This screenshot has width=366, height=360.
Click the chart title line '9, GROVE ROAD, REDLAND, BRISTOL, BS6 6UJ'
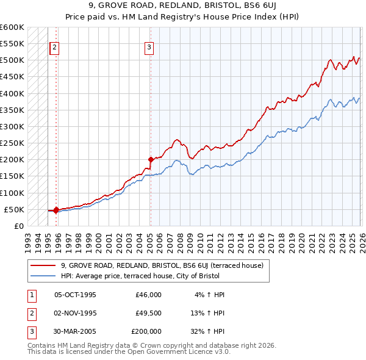pyautogui.click(x=182, y=6)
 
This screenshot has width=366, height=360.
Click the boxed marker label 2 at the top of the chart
pyautogui.click(x=55, y=48)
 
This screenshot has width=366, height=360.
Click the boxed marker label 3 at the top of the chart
pyautogui.click(x=149, y=48)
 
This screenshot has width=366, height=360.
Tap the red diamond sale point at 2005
pyautogui.click(x=150, y=160)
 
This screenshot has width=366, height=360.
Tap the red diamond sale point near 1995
pyautogui.click(x=56, y=210)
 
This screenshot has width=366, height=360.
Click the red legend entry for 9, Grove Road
pyautogui.click(x=162, y=265)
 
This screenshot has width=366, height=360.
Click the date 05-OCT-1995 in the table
pyautogui.click(x=75, y=294)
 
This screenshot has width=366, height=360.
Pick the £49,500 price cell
pyautogui.click(x=148, y=313)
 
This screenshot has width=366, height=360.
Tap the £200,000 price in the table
pyautogui.click(x=146, y=332)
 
